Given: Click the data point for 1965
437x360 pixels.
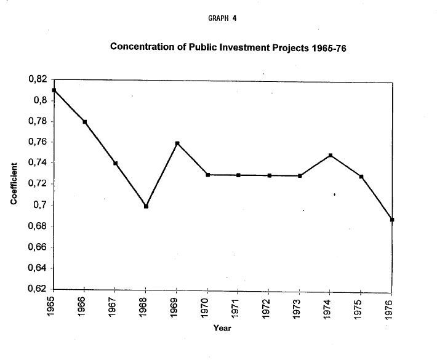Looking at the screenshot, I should (54, 90).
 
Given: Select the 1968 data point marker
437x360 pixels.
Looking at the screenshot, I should (146, 206).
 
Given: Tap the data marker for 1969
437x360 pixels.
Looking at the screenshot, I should (177, 143).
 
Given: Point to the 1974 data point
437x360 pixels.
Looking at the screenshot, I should (331, 155).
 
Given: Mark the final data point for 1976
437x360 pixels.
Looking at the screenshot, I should (392, 220).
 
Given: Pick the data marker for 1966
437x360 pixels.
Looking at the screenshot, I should (84, 122).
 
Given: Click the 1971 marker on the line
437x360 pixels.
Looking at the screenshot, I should (238, 175).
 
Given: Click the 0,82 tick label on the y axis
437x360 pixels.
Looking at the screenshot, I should (37, 79).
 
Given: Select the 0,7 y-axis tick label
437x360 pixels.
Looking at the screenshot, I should (40, 205).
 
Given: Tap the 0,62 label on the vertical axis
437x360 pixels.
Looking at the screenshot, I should (37, 289).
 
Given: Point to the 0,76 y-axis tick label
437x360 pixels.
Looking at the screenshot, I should (37, 142).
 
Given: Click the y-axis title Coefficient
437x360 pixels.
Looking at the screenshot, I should (14, 184).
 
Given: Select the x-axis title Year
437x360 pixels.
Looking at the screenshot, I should (222, 328).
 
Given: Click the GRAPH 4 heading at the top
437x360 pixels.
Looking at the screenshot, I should (223, 18).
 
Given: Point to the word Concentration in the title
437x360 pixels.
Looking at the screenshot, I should (141, 47).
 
